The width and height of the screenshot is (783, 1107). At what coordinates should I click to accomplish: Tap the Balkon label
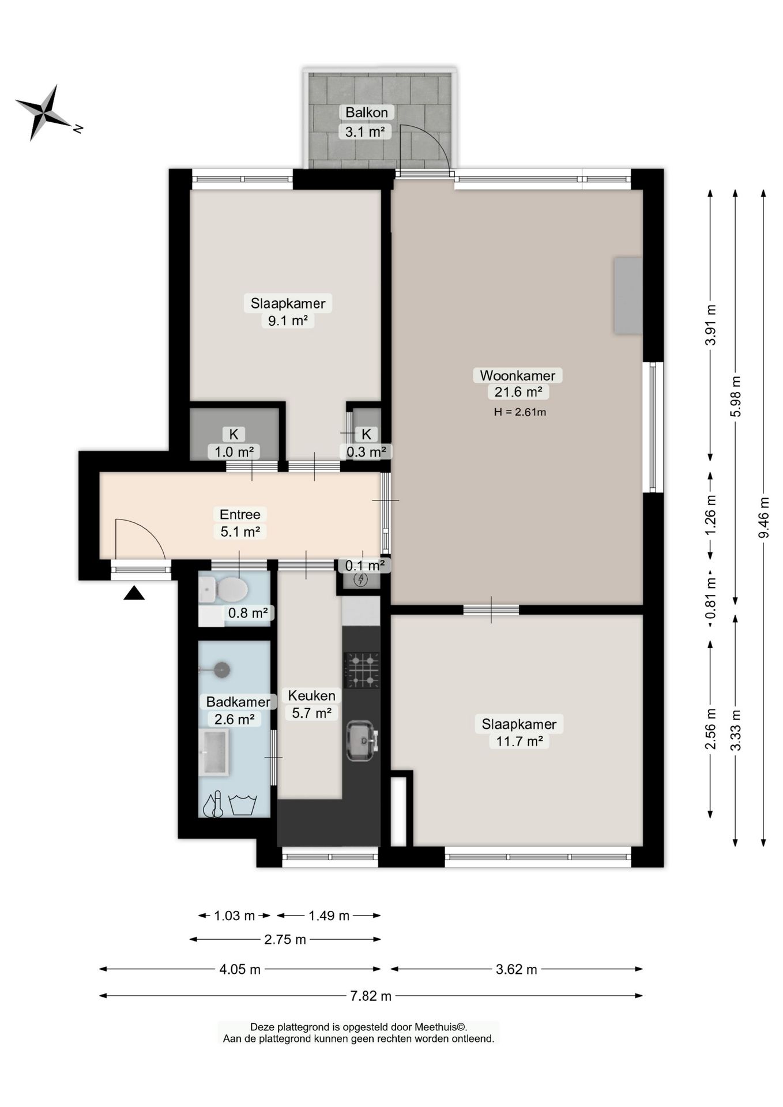366,112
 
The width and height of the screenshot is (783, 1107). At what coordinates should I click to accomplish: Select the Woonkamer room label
517,375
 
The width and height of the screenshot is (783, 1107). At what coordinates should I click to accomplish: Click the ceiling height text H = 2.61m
520,412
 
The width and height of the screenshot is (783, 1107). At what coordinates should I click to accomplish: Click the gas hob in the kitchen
362,670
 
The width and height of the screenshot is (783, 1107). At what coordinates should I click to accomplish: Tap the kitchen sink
362,740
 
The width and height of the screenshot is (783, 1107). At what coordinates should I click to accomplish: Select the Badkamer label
238,702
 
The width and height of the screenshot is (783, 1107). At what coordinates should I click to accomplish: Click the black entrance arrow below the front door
134,593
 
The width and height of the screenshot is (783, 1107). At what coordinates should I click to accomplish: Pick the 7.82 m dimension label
371,996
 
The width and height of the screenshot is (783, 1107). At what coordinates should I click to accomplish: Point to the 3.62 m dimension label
517,970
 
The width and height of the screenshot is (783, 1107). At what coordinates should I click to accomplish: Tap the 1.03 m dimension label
235,916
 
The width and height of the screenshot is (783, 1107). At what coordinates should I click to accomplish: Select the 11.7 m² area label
519,741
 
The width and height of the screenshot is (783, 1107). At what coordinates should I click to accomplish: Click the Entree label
240,514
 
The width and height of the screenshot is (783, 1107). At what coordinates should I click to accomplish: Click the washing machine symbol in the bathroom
243,804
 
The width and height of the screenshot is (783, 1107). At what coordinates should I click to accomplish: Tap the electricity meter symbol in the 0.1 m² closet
362,579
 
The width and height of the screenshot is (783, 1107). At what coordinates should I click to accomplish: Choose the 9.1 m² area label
288,321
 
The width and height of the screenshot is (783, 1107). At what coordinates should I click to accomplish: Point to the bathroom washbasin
214,752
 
